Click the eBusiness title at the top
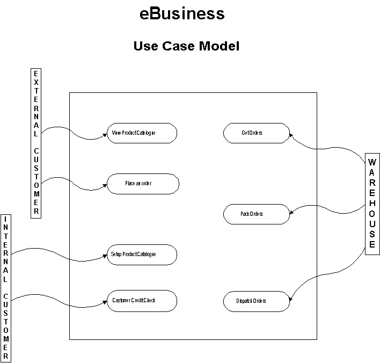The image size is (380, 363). tap(182, 13)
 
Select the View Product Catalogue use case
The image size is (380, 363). tap(142, 133)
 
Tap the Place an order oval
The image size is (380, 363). tap(142, 183)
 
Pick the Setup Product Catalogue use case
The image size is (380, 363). tap(142, 254)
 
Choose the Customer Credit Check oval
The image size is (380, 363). tap(142, 300)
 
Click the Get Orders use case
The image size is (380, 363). tap(257, 133)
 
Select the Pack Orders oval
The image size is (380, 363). tap(257, 214)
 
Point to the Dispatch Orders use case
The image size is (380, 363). tap(257, 301)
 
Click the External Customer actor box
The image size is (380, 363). tap(36, 142)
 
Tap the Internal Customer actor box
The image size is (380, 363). tap(6, 288)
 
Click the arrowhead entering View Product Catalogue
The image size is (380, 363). tap(105, 135)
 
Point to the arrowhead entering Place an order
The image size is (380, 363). tap(105, 186)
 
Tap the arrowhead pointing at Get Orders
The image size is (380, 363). tap(291, 135)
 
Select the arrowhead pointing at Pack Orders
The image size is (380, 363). tap(291, 214)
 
